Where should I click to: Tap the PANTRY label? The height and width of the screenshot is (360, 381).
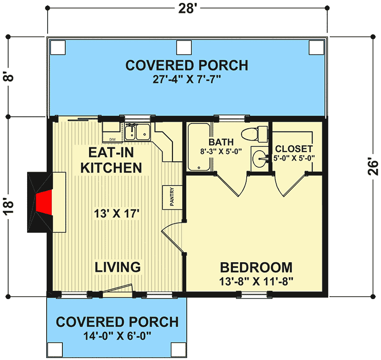click(x=171, y=197)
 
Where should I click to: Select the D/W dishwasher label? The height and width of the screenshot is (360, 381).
click(x=112, y=139)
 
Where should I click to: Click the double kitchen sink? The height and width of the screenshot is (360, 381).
click(x=138, y=132)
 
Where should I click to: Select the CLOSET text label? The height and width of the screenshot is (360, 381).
click(x=293, y=149)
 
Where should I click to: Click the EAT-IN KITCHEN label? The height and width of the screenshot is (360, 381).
click(x=111, y=160)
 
